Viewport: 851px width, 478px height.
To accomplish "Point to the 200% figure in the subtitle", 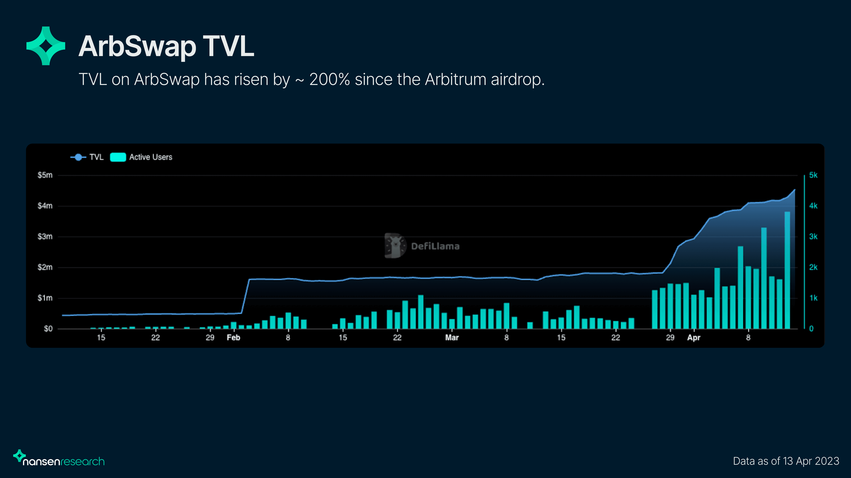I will pos(329,80).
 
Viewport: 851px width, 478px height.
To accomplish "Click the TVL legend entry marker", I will pos(78,157).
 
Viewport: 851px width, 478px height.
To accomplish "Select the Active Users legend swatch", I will pos(118,157).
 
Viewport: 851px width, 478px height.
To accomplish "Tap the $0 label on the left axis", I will pos(48,329).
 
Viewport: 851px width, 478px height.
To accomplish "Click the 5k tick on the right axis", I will pos(813,175).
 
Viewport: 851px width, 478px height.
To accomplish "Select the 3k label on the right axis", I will pos(813,237).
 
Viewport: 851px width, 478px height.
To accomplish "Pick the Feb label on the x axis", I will pos(233,337).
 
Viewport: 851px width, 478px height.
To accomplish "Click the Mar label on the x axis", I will pos(452,337).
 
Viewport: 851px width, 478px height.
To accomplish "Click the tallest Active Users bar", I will pos(787,271).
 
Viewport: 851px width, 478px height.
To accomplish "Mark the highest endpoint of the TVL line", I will pos(794,190).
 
